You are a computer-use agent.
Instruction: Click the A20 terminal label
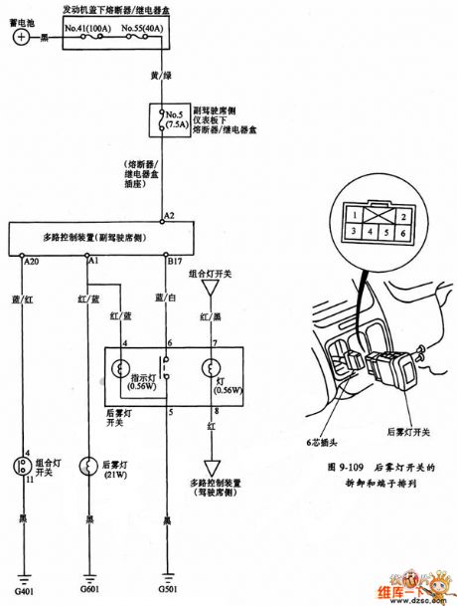click(32, 262)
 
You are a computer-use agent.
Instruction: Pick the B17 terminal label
click(175, 262)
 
